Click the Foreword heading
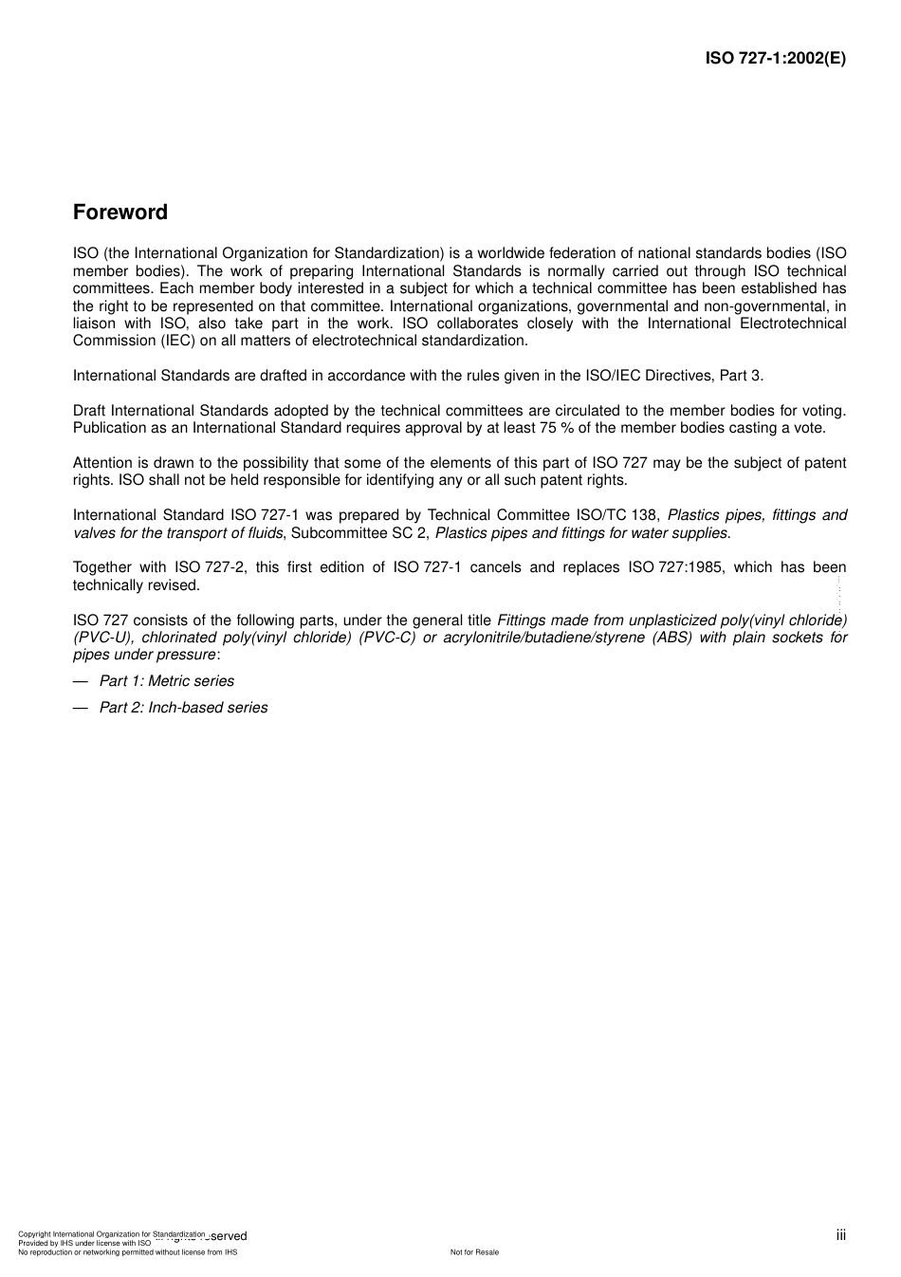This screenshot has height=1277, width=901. tap(120, 213)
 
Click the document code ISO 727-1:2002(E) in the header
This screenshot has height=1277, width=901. tap(775, 58)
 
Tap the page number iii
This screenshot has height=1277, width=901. tap(840, 1234)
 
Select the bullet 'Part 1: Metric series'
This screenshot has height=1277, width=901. tap(166, 681)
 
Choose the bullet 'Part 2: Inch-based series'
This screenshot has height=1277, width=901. tap(183, 708)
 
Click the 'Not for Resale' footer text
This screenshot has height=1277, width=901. tap(474, 1252)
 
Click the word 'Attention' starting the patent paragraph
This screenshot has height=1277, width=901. tap(103, 463)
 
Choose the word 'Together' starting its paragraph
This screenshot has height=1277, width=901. tap(104, 567)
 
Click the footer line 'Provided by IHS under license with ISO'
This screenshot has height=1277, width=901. tap(84, 1243)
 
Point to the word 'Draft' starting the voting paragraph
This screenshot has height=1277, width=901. tap(90, 411)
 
